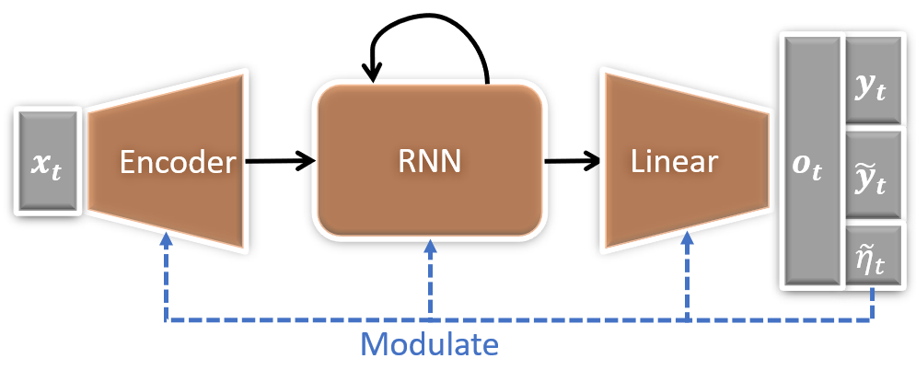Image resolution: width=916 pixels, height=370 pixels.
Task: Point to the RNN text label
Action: [427, 162]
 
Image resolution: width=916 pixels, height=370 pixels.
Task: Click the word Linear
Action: [674, 162]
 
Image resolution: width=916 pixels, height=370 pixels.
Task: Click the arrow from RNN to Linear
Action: [570, 163]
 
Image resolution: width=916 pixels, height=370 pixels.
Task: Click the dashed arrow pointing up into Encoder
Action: [166, 276]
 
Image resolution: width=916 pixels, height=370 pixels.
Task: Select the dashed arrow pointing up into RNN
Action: [428, 276]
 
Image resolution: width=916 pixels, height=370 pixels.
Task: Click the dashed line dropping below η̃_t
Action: [872, 304]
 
